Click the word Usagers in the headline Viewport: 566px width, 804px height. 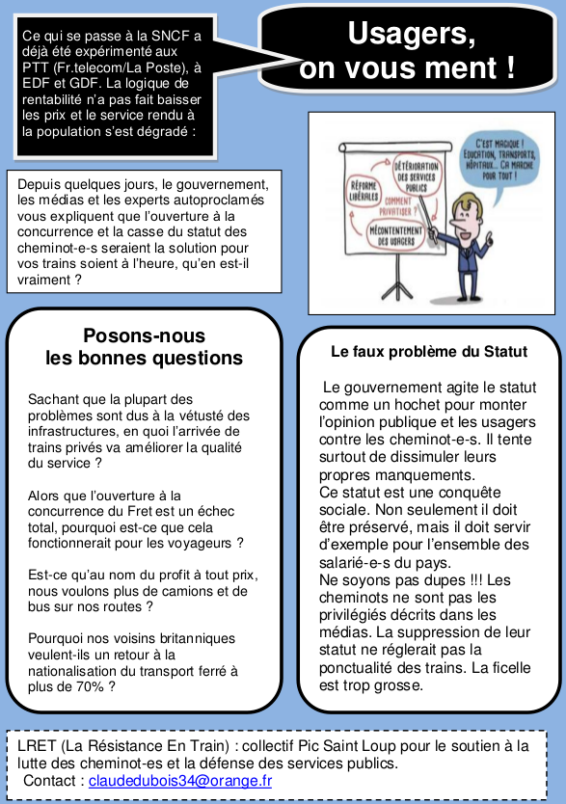click(x=412, y=34)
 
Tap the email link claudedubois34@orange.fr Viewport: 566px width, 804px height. click(x=180, y=780)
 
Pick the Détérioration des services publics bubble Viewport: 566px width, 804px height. click(x=416, y=175)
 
